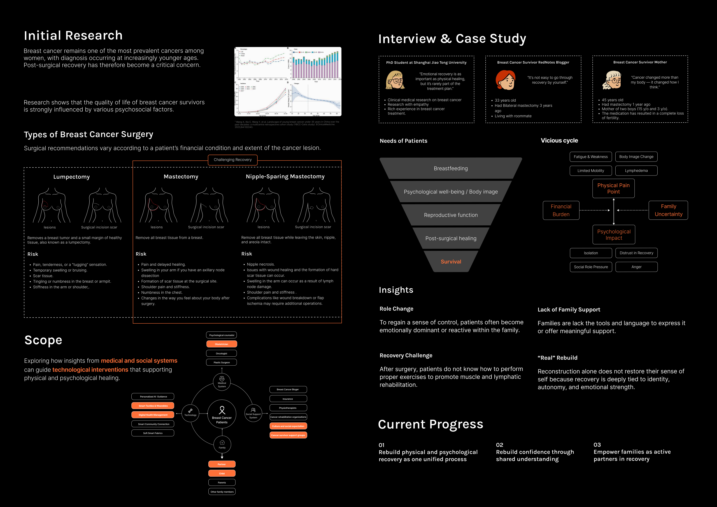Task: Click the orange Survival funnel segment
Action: tap(451, 261)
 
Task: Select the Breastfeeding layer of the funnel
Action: tap(451, 169)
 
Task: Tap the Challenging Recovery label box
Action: tap(233, 160)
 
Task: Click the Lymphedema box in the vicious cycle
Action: tap(636, 171)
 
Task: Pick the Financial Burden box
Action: tap(561, 211)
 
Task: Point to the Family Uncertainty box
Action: tap(668, 211)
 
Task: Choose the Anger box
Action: tap(636, 267)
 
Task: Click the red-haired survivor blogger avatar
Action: tap(505, 80)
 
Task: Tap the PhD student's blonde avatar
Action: tap(395, 80)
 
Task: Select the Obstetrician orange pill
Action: tap(222, 344)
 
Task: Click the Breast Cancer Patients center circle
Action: tap(222, 414)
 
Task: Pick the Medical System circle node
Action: tap(222, 382)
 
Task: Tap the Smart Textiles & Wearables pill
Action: tap(153, 406)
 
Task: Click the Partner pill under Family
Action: tap(222, 464)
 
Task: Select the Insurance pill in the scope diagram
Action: tap(288, 399)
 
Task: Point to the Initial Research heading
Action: tap(73, 36)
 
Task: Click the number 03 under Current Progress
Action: tap(597, 445)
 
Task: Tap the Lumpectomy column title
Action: tap(71, 177)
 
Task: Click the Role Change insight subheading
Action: tap(396, 309)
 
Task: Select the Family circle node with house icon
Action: tap(222, 444)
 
